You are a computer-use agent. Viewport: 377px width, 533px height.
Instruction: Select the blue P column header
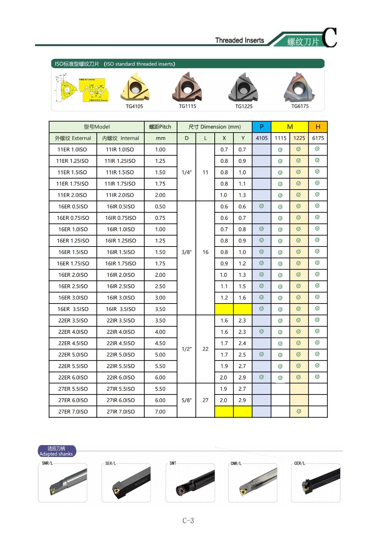tap(261, 127)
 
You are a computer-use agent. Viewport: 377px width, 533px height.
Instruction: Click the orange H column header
tap(318, 127)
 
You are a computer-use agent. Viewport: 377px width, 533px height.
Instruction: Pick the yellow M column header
tap(290, 127)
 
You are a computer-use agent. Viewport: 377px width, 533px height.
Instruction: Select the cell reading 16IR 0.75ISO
tap(120, 218)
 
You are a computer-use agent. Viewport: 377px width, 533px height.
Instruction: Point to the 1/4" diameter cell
tap(186, 172)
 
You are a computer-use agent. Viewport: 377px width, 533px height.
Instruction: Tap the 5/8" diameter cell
tap(186, 400)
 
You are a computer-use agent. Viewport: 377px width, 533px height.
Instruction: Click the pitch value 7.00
tap(160, 412)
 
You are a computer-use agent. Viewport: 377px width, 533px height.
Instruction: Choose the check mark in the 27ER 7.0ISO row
tap(299, 411)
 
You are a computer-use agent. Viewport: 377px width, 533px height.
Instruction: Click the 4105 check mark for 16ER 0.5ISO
tap(261, 206)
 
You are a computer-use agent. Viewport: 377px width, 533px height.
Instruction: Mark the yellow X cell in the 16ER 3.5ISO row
tap(224, 309)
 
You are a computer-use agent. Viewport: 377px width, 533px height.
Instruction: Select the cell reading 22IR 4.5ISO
tap(120, 343)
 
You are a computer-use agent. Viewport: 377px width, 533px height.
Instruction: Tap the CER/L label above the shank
tap(299, 463)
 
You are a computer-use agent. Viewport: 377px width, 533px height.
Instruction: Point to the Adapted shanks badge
tap(56, 451)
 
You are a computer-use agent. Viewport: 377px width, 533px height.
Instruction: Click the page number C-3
tap(188, 521)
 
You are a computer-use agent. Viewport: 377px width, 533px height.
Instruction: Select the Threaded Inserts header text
tap(239, 40)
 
